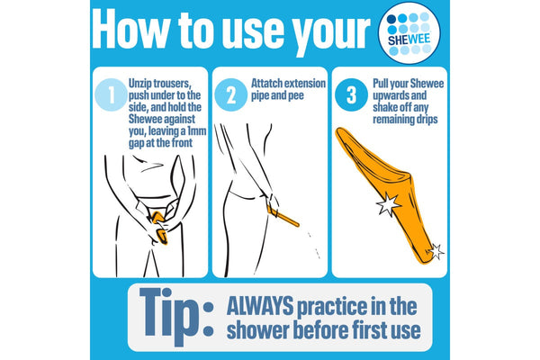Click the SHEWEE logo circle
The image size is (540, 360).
click(409, 33)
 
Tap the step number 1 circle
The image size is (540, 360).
click(111, 95)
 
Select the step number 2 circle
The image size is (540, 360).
click(230, 95)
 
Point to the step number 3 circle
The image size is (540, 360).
click(351, 95)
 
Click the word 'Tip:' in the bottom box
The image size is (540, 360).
click(176, 317)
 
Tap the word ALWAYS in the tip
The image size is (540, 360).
click(260, 306)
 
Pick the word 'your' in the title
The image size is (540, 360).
click(331, 34)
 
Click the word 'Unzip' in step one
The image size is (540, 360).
click(139, 84)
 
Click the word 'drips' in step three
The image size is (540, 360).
click(427, 120)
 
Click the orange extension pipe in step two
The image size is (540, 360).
click(283, 216)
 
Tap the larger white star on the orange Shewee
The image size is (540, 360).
click(389, 204)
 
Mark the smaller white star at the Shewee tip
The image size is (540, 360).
click(436, 252)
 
